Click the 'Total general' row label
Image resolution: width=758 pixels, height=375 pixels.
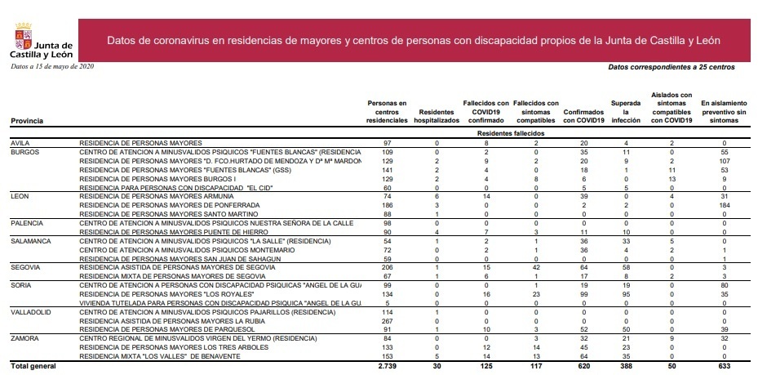32,366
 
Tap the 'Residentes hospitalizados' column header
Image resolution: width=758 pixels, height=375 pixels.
437,116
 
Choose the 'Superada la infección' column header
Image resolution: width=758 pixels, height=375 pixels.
625,112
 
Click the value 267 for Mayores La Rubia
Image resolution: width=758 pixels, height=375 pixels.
388,320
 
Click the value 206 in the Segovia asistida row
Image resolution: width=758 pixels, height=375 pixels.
388,267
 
